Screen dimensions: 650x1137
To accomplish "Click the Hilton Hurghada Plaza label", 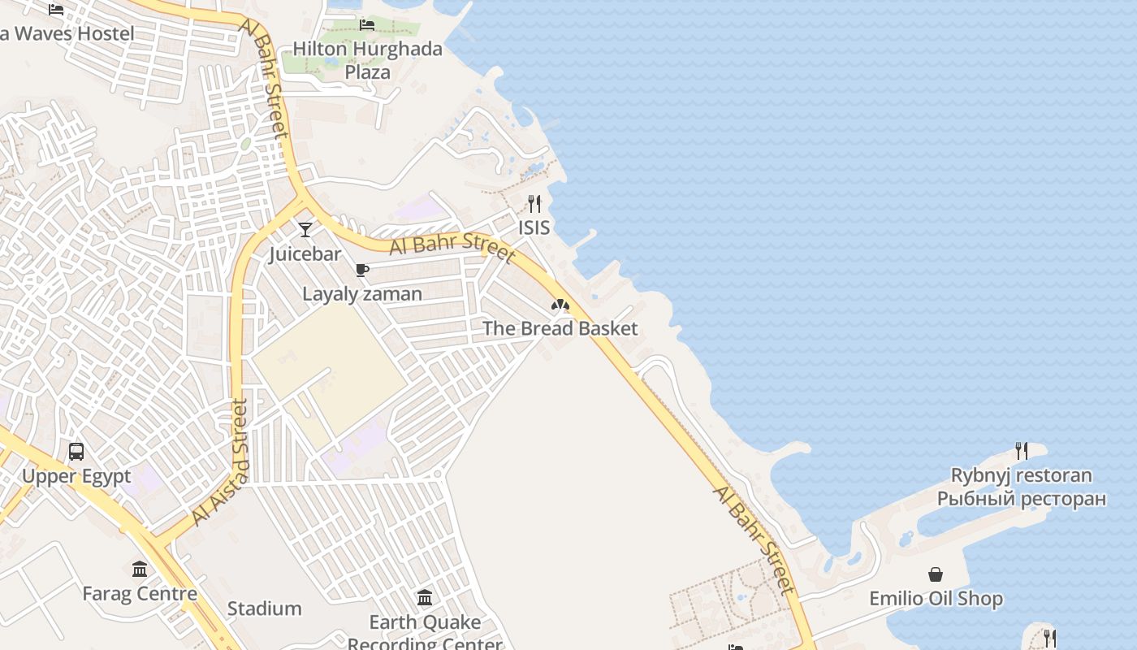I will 367,60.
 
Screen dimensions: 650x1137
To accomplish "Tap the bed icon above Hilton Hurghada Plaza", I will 367,24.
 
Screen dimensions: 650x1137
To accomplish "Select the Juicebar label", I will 305,254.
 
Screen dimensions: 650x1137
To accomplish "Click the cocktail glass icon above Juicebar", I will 305,230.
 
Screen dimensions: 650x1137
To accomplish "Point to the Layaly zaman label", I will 362,294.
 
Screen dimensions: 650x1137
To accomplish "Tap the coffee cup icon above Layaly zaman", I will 362,270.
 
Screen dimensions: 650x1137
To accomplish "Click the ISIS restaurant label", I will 534,228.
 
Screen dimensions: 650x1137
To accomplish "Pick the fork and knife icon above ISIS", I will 534,204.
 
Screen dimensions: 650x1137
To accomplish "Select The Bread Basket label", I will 560,329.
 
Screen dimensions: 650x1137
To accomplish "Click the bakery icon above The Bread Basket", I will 560,305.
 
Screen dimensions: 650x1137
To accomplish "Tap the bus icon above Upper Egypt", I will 76,452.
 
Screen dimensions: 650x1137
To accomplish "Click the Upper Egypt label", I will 76,476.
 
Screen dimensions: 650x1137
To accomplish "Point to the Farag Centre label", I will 140,594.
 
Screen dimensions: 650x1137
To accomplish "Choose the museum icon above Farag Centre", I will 140,569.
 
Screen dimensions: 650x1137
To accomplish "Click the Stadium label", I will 264,609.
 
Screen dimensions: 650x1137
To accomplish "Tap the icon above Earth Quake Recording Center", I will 425,599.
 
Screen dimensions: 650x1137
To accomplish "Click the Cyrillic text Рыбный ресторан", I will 1022,499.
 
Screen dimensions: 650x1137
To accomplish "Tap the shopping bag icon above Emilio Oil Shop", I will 936,575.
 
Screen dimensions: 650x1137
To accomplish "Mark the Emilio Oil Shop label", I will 936,600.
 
